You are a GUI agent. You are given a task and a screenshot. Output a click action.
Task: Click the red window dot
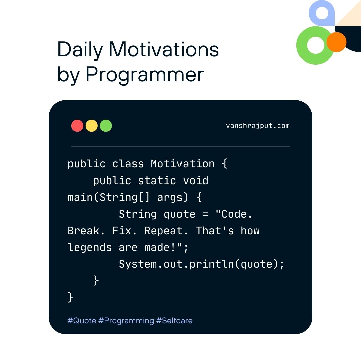[77, 126]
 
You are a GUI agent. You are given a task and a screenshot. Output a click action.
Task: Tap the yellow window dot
[91, 126]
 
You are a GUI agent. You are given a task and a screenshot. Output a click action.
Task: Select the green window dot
[106, 126]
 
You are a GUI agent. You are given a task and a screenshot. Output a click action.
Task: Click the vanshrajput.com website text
[258, 126]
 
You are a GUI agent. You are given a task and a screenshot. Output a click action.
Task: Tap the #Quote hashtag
[82, 321]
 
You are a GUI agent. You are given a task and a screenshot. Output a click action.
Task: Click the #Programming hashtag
[126, 321]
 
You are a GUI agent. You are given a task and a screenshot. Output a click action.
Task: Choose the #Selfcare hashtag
[174, 321]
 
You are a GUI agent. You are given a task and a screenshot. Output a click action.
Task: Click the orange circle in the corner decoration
[336, 42]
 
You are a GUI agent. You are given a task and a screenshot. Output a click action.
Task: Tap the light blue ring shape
[322, 5]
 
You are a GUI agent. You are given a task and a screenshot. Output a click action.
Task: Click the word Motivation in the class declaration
[183, 164]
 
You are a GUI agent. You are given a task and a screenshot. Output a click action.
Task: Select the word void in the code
[196, 180]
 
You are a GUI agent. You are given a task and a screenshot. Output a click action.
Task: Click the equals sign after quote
[205, 214]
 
